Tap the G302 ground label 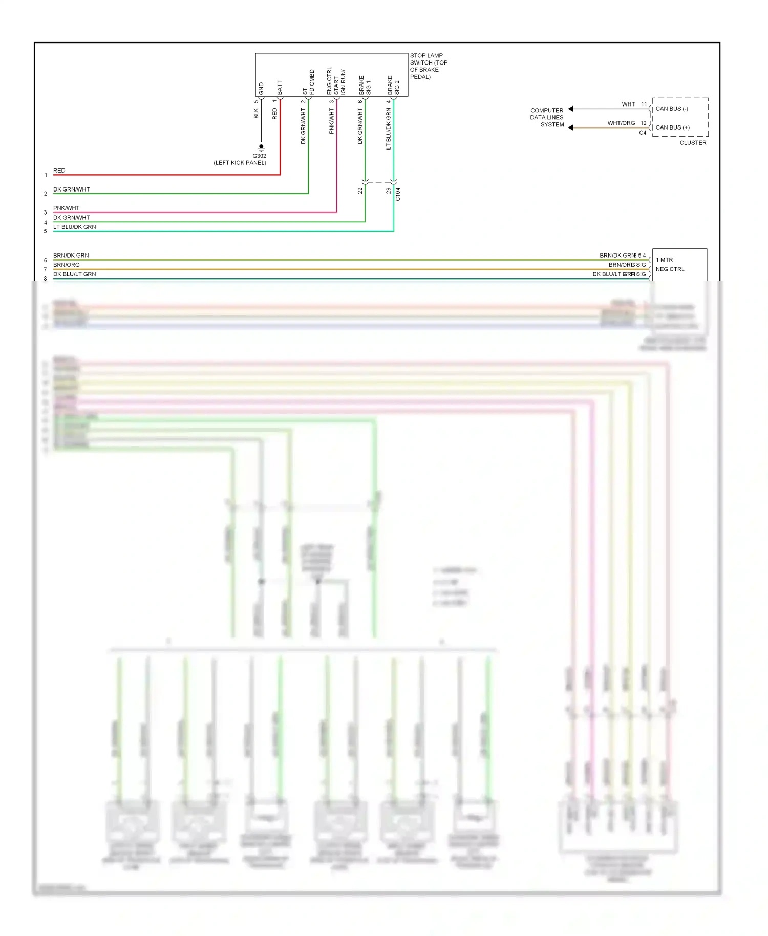point(259,156)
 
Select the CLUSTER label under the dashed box point(692,143)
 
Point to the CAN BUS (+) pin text point(672,127)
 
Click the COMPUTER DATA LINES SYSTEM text point(546,117)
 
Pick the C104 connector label point(398,194)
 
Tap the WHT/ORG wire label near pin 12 point(621,123)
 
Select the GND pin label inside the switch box point(261,89)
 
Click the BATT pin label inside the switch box point(280,87)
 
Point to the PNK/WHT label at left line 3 point(66,208)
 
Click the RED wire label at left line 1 point(59,171)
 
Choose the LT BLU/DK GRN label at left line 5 point(74,227)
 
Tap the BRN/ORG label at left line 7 point(66,265)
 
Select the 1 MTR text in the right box point(664,260)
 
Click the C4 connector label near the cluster point(642,133)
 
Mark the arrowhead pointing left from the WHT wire point(571,109)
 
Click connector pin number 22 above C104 point(360,190)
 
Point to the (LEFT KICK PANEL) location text point(240,163)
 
